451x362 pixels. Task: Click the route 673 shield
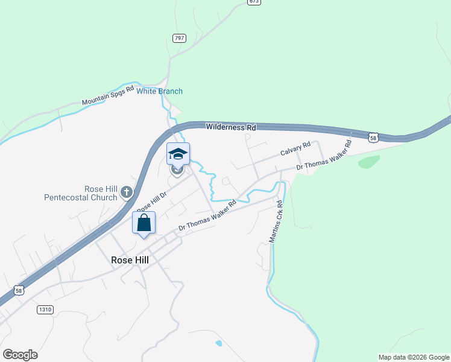coord(254,2)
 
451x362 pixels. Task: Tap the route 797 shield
coord(179,38)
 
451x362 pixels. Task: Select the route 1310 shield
coord(45,310)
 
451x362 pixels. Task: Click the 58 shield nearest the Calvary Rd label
coord(374,138)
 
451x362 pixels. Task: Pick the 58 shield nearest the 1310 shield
coord(20,290)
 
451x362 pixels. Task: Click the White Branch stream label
coord(159,91)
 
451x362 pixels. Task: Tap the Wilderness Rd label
coord(231,127)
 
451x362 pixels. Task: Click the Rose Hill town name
coord(130,259)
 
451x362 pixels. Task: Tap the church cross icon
coord(126,192)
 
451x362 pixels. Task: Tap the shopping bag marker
coord(144,223)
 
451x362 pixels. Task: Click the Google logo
coord(20,355)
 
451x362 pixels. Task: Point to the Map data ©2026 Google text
coord(413,357)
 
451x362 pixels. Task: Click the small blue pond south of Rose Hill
coord(218,343)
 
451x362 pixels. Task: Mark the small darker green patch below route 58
coord(369,162)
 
